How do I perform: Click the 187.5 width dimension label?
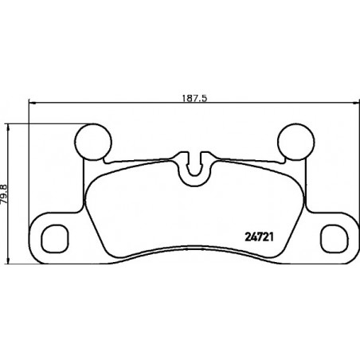click(194, 99)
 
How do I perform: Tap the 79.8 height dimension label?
click(5, 194)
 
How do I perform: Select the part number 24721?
click(259, 237)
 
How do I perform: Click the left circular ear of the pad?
click(93, 142)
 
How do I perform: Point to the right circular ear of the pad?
click(296, 142)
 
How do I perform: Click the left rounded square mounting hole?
click(55, 238)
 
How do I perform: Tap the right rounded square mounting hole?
click(335, 238)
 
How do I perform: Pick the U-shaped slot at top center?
click(194, 165)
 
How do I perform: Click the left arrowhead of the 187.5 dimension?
click(32, 102)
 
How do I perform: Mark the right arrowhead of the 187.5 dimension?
click(356, 102)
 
